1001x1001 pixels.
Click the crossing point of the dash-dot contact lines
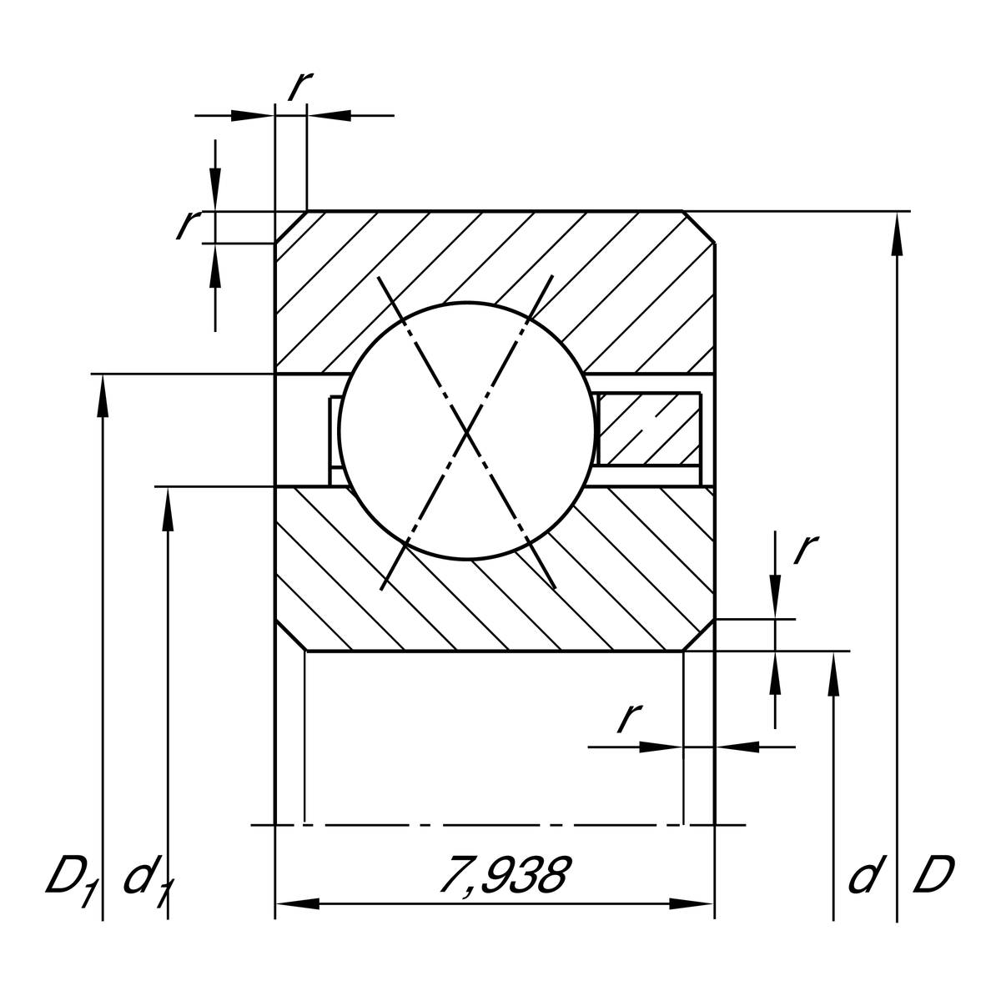point(467,432)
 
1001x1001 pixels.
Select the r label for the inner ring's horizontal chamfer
point(629,717)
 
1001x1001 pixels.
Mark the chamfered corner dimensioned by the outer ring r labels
point(291,227)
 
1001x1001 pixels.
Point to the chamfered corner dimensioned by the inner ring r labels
point(699,635)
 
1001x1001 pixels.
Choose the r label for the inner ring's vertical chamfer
point(805,548)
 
